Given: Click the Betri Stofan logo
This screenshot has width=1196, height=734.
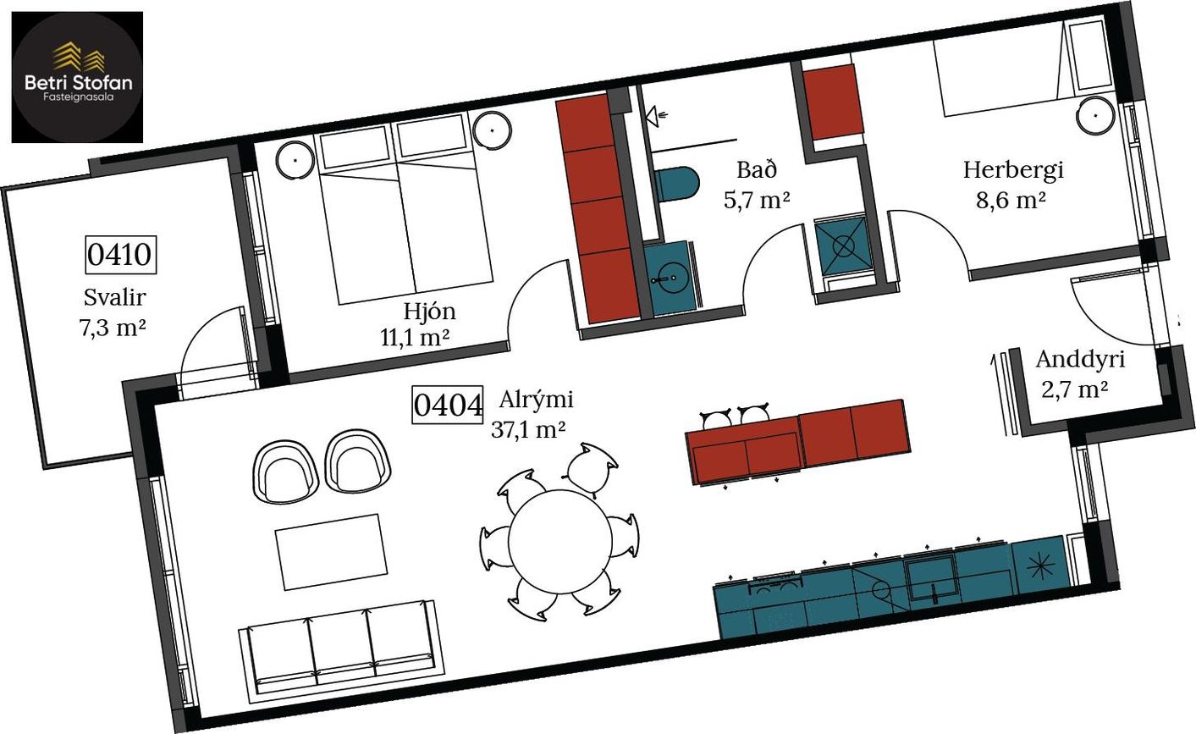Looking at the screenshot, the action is coord(77,77).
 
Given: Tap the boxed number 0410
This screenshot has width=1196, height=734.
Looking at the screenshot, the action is coord(121,254).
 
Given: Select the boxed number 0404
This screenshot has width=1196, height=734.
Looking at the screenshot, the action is coord(448,405).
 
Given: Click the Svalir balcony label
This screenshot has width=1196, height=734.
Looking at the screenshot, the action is coord(114,297).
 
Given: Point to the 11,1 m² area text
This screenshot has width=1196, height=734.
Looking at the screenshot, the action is coord(415,337).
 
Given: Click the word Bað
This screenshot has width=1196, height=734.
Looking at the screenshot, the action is coord(757,169).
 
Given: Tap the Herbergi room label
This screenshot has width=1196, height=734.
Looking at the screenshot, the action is coord(1013,170).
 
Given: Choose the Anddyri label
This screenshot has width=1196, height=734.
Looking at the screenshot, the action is coord(1080,360).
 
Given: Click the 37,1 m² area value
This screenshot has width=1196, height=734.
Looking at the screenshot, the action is coord(528,429).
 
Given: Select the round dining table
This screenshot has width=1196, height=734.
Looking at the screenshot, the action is coord(560,541).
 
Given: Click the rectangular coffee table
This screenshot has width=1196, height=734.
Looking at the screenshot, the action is coord(332,552).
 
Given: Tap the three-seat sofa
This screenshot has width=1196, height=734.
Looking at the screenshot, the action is coord(341,652).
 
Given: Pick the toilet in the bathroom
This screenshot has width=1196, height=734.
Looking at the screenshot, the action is coord(677,184).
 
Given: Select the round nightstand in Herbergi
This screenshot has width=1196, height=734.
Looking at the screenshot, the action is coord(1095,115).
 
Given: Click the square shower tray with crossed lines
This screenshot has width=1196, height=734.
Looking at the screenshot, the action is coord(843,246).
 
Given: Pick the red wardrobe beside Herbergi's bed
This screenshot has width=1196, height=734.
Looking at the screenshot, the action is coord(834,102).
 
